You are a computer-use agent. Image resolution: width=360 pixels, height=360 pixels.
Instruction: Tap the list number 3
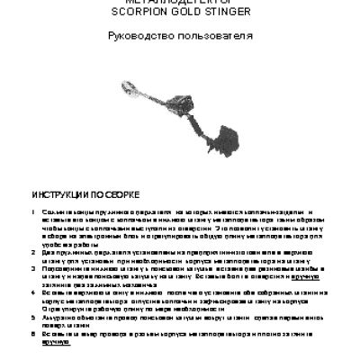(33, 270)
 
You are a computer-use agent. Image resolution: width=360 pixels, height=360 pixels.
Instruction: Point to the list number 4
(33, 294)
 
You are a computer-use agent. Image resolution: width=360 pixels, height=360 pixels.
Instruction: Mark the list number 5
(33, 319)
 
